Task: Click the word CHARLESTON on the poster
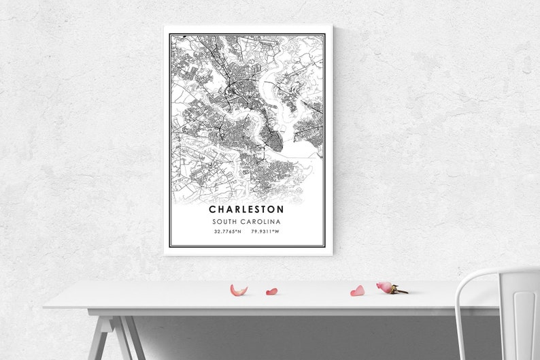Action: [x=246, y=210]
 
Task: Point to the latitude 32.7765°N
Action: [x=227, y=232]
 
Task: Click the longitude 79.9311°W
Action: [x=265, y=232]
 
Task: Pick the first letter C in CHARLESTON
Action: [x=213, y=210]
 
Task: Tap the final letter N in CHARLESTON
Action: [x=280, y=210]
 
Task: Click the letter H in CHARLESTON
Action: [x=220, y=210]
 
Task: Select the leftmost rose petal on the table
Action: [x=238, y=291]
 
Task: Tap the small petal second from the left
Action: [x=271, y=292]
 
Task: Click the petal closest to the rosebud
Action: [x=357, y=291]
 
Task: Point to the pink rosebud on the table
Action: [x=385, y=287]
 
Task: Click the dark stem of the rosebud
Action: [x=399, y=291]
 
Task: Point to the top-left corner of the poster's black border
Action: [x=170, y=34]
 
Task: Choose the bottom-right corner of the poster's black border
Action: [x=324, y=246]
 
